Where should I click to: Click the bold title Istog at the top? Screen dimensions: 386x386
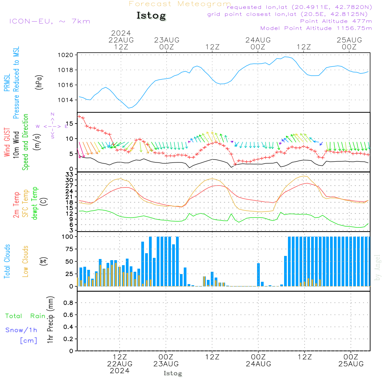tap(151, 16)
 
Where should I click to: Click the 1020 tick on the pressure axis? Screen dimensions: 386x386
tap(66, 55)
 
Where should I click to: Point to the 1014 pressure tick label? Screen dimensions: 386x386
tap(66, 100)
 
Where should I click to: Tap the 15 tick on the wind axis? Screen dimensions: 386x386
tap(70, 124)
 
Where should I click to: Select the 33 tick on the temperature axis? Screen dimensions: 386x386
tap(69, 174)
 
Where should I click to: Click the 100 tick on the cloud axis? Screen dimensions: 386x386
tap(68, 237)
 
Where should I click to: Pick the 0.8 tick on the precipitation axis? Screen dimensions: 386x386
tap(68, 303)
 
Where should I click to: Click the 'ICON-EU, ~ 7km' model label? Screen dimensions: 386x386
tap(50, 21)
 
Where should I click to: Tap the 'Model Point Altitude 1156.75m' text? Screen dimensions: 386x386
tap(316, 28)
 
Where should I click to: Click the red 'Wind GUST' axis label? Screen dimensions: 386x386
tap(7, 142)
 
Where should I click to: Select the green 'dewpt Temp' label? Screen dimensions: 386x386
tap(34, 203)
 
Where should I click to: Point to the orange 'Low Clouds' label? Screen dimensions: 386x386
tap(25, 261)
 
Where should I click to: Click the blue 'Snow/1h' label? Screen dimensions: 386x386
tap(21, 330)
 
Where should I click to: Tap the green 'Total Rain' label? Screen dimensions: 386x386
tap(25, 316)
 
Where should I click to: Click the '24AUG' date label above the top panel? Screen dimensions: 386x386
tap(258, 40)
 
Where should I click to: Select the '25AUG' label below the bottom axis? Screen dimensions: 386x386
tap(351, 364)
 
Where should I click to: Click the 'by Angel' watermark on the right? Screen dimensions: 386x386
tap(378, 267)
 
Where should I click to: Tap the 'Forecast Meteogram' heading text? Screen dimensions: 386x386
tap(180, 4)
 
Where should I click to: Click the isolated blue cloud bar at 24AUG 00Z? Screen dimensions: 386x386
tap(259, 275)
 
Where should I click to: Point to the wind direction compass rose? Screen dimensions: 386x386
tap(52, 126)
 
